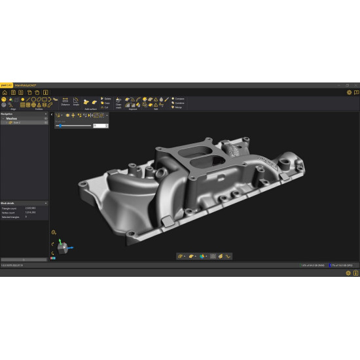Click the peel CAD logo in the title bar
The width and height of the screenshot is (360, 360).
click(5, 85)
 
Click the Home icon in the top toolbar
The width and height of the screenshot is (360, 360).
click(4, 92)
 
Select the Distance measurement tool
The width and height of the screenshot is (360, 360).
click(65, 101)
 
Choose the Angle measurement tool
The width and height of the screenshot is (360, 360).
click(76, 101)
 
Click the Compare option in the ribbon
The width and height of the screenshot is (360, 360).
click(179, 99)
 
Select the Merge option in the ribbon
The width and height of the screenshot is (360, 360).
click(178, 107)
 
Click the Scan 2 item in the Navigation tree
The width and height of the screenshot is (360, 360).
click(17, 122)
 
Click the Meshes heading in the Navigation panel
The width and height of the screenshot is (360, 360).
click(12, 118)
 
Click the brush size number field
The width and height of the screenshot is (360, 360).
click(99, 125)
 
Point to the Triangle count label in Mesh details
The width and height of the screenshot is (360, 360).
click(10, 209)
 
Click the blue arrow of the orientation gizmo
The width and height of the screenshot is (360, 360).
click(70, 248)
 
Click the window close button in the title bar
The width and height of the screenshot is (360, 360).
click(355, 85)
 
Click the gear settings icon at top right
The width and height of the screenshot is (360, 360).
click(349, 92)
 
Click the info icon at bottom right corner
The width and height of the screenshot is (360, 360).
click(356, 273)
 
